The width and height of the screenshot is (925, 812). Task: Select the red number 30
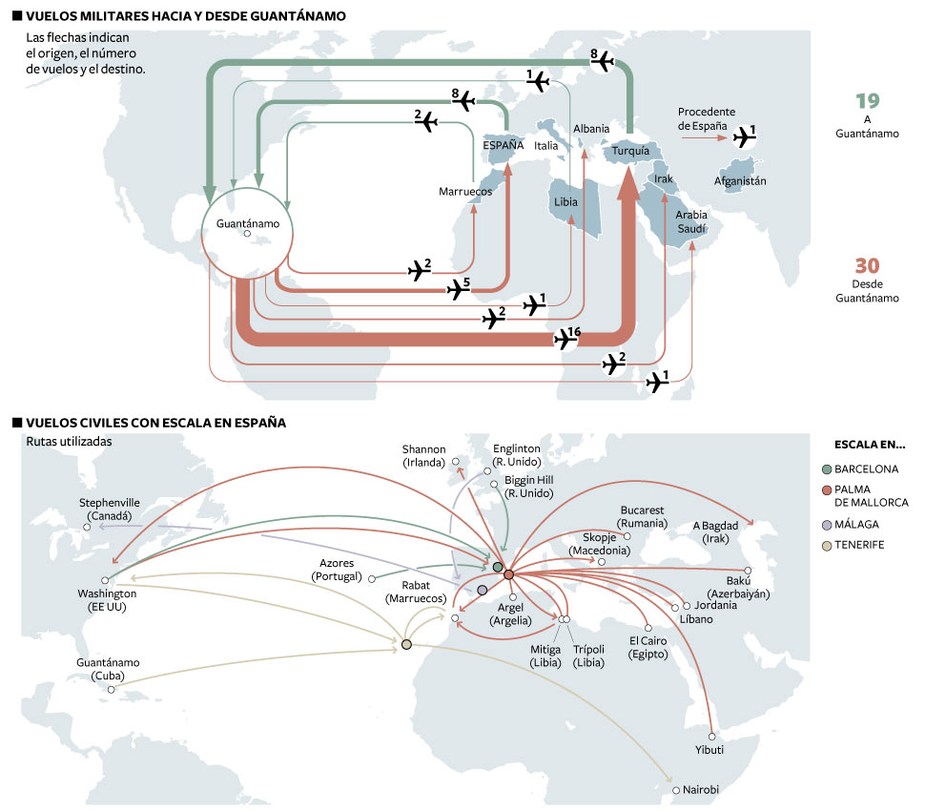click(867, 266)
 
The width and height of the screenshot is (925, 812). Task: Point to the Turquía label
click(630, 151)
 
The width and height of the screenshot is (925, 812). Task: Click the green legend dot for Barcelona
click(826, 469)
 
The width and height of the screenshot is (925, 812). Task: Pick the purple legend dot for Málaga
click(826, 525)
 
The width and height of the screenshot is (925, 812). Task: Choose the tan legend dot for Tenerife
click(826, 544)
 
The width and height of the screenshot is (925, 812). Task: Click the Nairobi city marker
click(675, 790)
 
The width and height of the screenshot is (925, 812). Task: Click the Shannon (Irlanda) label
click(423, 456)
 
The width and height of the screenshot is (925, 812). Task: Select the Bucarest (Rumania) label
click(642, 517)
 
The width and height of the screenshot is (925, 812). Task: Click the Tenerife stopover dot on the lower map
click(407, 646)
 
